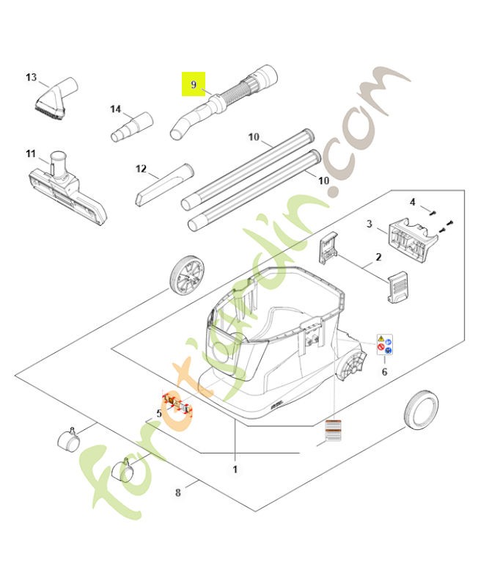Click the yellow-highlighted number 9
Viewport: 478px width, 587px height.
[x=194, y=85]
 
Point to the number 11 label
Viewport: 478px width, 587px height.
[x=31, y=153]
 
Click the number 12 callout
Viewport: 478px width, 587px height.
[x=141, y=169]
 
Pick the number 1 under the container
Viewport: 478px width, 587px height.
[x=235, y=468]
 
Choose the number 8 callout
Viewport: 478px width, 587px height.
[x=178, y=492]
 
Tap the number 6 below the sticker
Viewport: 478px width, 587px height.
[x=384, y=372]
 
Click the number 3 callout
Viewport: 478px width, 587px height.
[x=369, y=225]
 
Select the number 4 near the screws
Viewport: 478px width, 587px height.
[x=412, y=202]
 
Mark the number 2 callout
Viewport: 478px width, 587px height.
[x=378, y=257]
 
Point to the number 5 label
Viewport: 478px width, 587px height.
[x=158, y=414]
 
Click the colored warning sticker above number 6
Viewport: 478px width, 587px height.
[x=384, y=346]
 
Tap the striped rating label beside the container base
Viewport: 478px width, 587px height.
[x=334, y=432]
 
